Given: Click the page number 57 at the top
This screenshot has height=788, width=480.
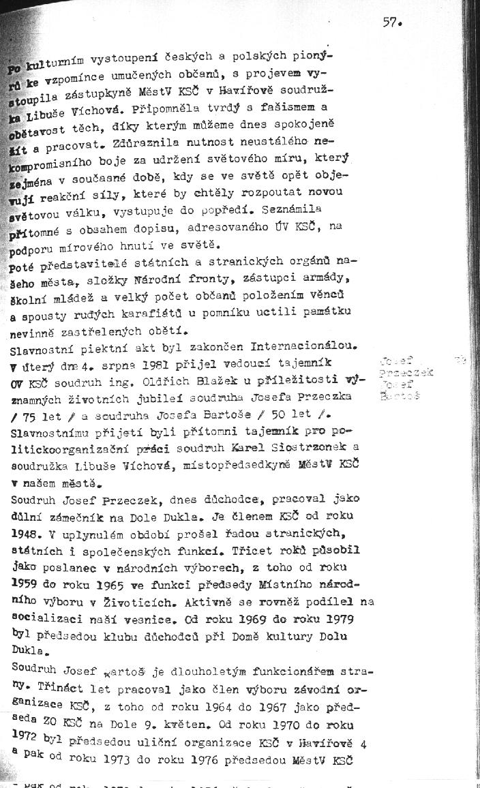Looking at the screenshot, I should [x=391, y=21].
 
